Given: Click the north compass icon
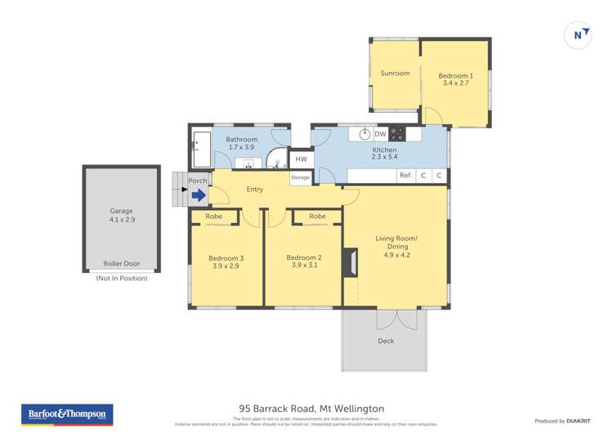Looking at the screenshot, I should (578, 35).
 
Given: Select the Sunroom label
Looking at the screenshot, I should (395, 74).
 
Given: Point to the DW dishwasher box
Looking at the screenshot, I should (380, 134).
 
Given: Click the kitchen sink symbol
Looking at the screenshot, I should (365, 134).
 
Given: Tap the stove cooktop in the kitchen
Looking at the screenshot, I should (398, 134).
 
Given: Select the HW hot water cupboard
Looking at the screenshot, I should (301, 159).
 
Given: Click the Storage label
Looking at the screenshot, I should (300, 177).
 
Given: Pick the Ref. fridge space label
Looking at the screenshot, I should (405, 175).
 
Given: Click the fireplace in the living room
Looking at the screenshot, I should (351, 262).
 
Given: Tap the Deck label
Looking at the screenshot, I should (386, 341).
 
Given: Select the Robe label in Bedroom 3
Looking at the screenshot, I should (214, 217).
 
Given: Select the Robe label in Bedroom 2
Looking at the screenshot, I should (317, 217).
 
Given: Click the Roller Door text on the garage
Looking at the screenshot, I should (121, 264).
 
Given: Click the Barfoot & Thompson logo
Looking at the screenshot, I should (66, 415).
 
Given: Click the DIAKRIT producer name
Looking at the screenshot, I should (579, 421).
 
